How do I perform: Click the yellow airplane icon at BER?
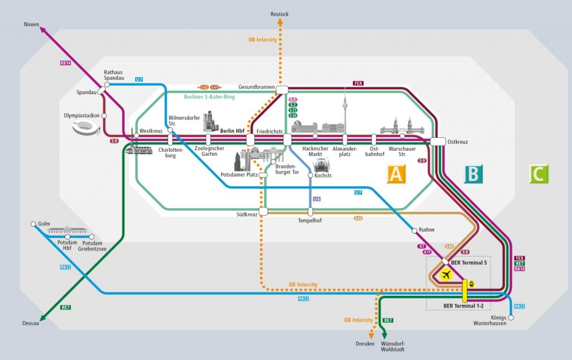click(446, 275)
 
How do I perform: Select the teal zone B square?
click(473, 174)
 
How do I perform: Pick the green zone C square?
click(538, 174)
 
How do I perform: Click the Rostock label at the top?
click(279, 14)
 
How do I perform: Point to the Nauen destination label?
click(31, 24)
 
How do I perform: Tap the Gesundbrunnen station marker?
click(282, 89)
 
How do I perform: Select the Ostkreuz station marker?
click(437, 142)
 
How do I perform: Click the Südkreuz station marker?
click(264, 211)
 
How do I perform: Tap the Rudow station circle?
click(414, 230)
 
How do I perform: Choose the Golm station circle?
click(33, 224)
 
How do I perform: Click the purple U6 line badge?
click(317, 199)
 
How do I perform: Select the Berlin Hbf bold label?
click(232, 131)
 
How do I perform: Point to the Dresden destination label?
click(365, 343)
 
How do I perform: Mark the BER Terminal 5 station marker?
click(445, 261)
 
